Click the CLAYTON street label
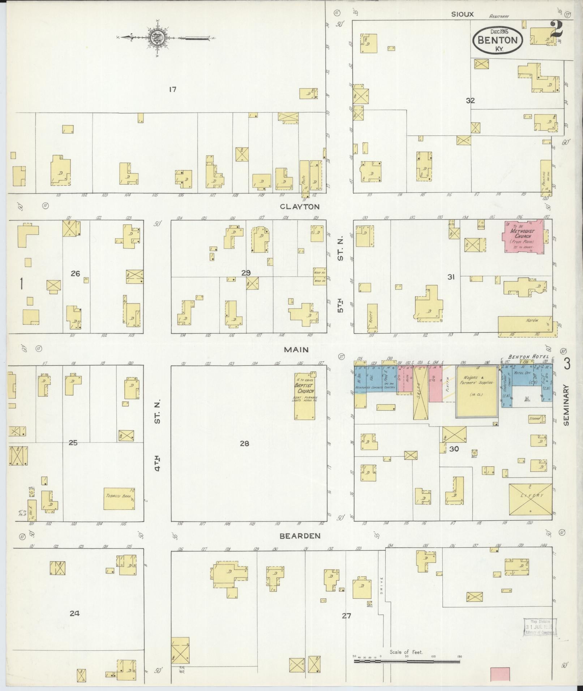coord(300,207)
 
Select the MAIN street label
coord(296,350)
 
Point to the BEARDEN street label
coord(300,536)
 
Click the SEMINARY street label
coord(566,404)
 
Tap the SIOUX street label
coord(462,14)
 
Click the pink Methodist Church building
coord(523,237)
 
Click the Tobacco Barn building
coord(119,499)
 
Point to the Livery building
coord(530,499)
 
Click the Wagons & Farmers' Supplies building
coord(476,392)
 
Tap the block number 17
coord(172,89)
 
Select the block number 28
coord(244,444)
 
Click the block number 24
coord(74,613)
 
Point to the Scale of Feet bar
coord(407,661)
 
